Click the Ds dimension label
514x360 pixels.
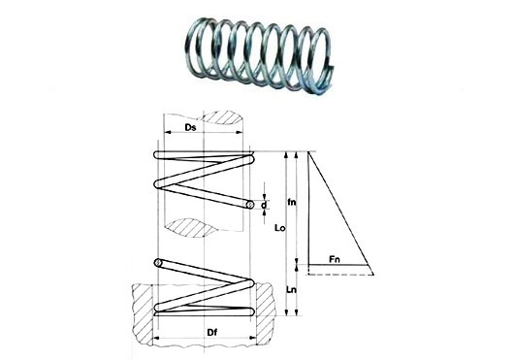click(x=190, y=127)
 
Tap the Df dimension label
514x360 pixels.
click(x=212, y=333)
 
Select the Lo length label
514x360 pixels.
click(x=279, y=228)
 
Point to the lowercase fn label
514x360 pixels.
click(x=291, y=202)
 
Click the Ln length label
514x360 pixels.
click(x=291, y=290)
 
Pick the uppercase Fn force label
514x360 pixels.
click(x=335, y=260)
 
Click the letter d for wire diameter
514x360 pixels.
click(x=264, y=206)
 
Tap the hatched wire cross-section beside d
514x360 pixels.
click(x=250, y=205)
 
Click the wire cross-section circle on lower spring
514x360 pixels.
click(x=158, y=262)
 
